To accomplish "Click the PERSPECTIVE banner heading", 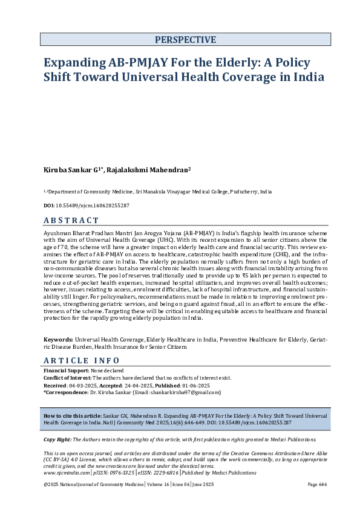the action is click(185, 40).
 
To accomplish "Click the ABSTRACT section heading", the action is click(71, 220).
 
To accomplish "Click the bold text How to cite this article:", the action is click(71, 417).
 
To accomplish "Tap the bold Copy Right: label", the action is click(59, 439).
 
